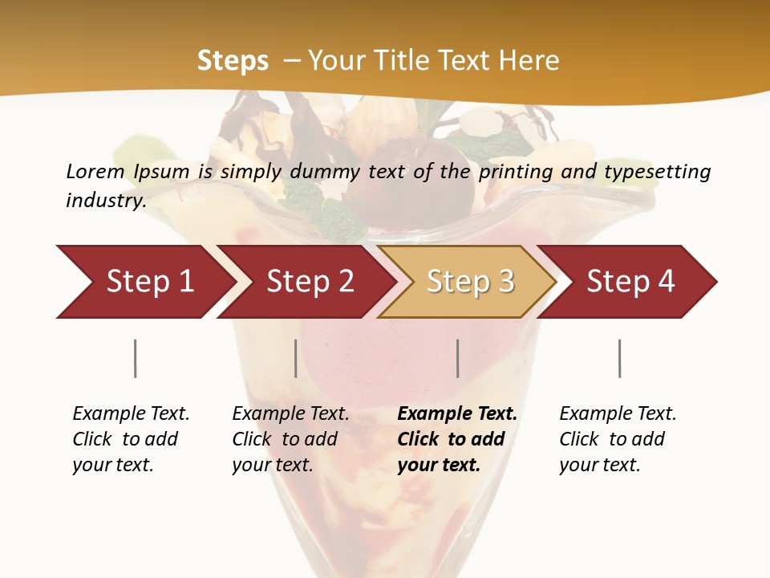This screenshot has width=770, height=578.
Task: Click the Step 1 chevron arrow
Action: [144, 282]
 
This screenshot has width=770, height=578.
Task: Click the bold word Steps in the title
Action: [233, 61]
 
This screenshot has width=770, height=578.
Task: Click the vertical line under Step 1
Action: [136, 358]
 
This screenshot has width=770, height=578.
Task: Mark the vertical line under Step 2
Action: [296, 358]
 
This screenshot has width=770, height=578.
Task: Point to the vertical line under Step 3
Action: [458, 358]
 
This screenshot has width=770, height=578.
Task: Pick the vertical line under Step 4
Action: [620, 358]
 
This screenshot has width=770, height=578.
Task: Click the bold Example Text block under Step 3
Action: [457, 439]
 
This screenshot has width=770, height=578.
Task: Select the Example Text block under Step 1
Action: [131, 439]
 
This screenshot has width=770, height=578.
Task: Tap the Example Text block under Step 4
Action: [618, 439]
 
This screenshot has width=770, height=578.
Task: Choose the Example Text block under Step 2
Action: [290, 439]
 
